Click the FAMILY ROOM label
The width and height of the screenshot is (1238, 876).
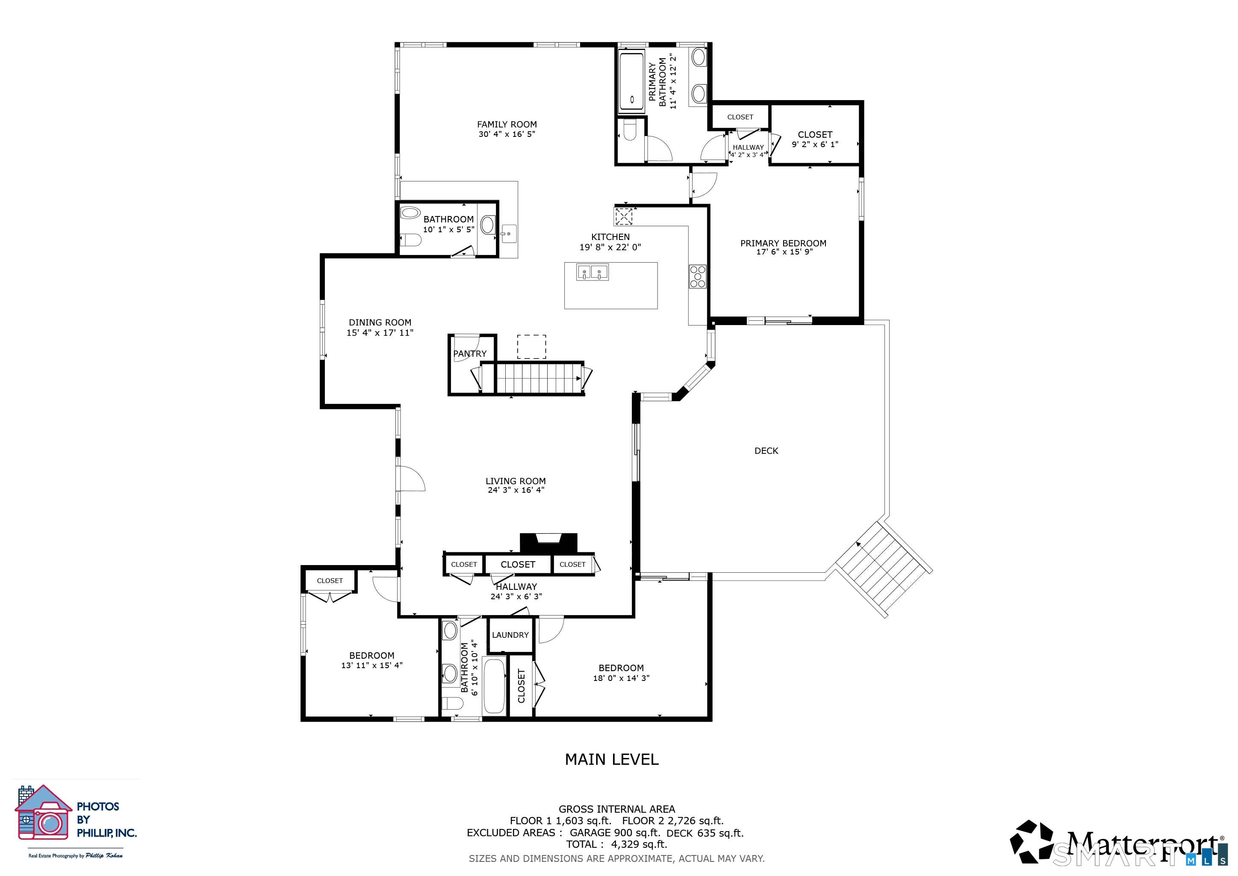click(507, 124)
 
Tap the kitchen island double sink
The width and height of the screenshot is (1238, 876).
click(592, 272)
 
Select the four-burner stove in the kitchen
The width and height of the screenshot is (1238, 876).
click(698, 277)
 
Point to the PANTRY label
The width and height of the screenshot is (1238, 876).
click(470, 354)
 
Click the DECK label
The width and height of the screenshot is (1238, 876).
click(766, 451)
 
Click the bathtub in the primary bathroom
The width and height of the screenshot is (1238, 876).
click(631, 81)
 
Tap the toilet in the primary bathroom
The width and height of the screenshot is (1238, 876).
click(630, 130)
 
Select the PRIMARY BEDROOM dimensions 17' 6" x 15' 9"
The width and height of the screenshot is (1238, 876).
click(784, 252)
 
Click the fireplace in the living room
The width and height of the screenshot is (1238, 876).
click(548, 543)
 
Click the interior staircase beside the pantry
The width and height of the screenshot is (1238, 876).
click(539, 379)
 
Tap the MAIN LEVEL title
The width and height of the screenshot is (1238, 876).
click(611, 760)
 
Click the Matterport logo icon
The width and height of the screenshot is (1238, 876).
click(1031, 841)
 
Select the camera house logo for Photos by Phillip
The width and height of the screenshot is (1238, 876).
click(43, 812)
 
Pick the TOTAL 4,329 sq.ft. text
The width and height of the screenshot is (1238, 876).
click(616, 845)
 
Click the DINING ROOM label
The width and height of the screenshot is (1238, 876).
click(380, 323)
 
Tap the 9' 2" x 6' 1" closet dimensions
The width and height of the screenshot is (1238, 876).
click(815, 145)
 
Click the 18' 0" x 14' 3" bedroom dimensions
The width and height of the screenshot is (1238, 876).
click(621, 678)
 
